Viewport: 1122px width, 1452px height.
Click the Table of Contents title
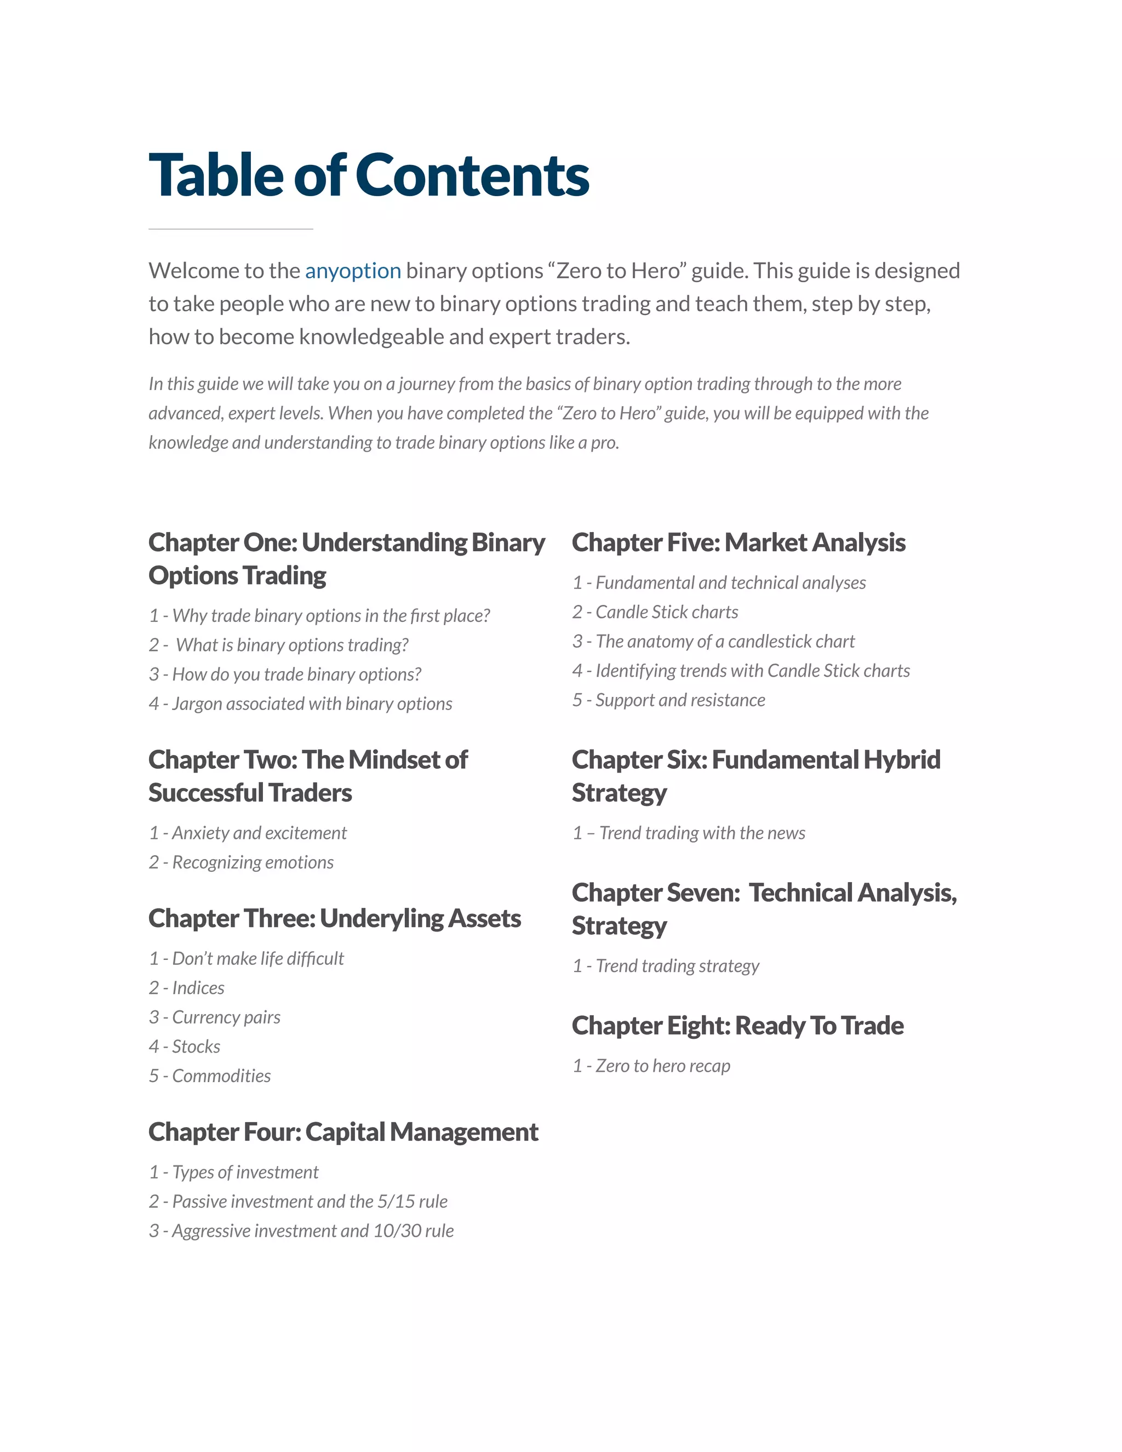coord(369,175)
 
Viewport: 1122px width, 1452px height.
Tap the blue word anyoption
coord(353,271)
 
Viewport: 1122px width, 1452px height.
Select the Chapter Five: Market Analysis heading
coord(739,542)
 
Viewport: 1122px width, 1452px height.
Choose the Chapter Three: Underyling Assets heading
coord(334,918)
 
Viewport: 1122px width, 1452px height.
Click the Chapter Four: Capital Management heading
coord(343,1131)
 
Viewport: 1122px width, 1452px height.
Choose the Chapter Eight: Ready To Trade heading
coord(738,1025)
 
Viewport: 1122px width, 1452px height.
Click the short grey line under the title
coord(231,228)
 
